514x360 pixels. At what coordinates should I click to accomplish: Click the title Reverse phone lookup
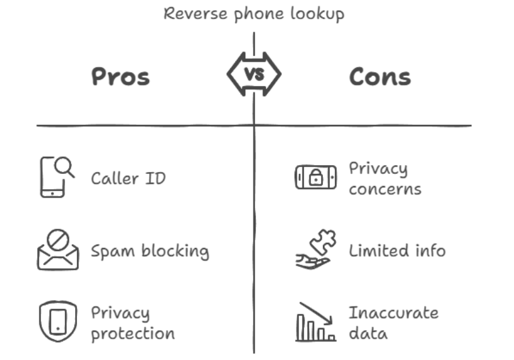pyautogui.click(x=253, y=13)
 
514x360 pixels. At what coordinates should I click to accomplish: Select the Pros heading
pyautogui.click(x=120, y=77)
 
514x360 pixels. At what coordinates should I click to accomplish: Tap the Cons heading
pyautogui.click(x=380, y=77)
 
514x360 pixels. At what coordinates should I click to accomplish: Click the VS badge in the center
pyautogui.click(x=254, y=75)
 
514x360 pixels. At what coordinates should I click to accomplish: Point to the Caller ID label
pyautogui.click(x=128, y=178)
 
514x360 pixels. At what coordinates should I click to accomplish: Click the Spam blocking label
pyautogui.click(x=150, y=251)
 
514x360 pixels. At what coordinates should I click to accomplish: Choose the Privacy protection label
pyautogui.click(x=132, y=323)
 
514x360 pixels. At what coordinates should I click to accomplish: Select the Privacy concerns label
pyautogui.click(x=385, y=179)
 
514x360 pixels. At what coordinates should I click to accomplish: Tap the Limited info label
pyautogui.click(x=397, y=250)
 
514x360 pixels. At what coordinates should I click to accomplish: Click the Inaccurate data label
pyautogui.click(x=394, y=323)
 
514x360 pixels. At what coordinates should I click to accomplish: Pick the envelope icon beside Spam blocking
pyautogui.click(x=57, y=251)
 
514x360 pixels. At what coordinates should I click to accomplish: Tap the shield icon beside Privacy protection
pyautogui.click(x=57, y=322)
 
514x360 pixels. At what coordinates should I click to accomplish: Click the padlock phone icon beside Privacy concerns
pyautogui.click(x=315, y=178)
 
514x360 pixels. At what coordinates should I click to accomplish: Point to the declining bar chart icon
pyautogui.click(x=315, y=322)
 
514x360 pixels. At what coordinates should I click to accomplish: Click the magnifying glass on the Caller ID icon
pyautogui.click(x=64, y=166)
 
